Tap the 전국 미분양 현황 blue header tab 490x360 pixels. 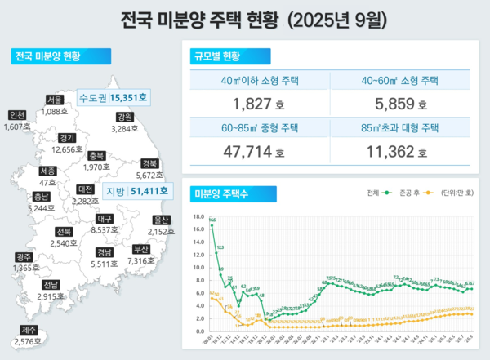[51, 58]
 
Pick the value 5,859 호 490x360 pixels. [399, 104]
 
